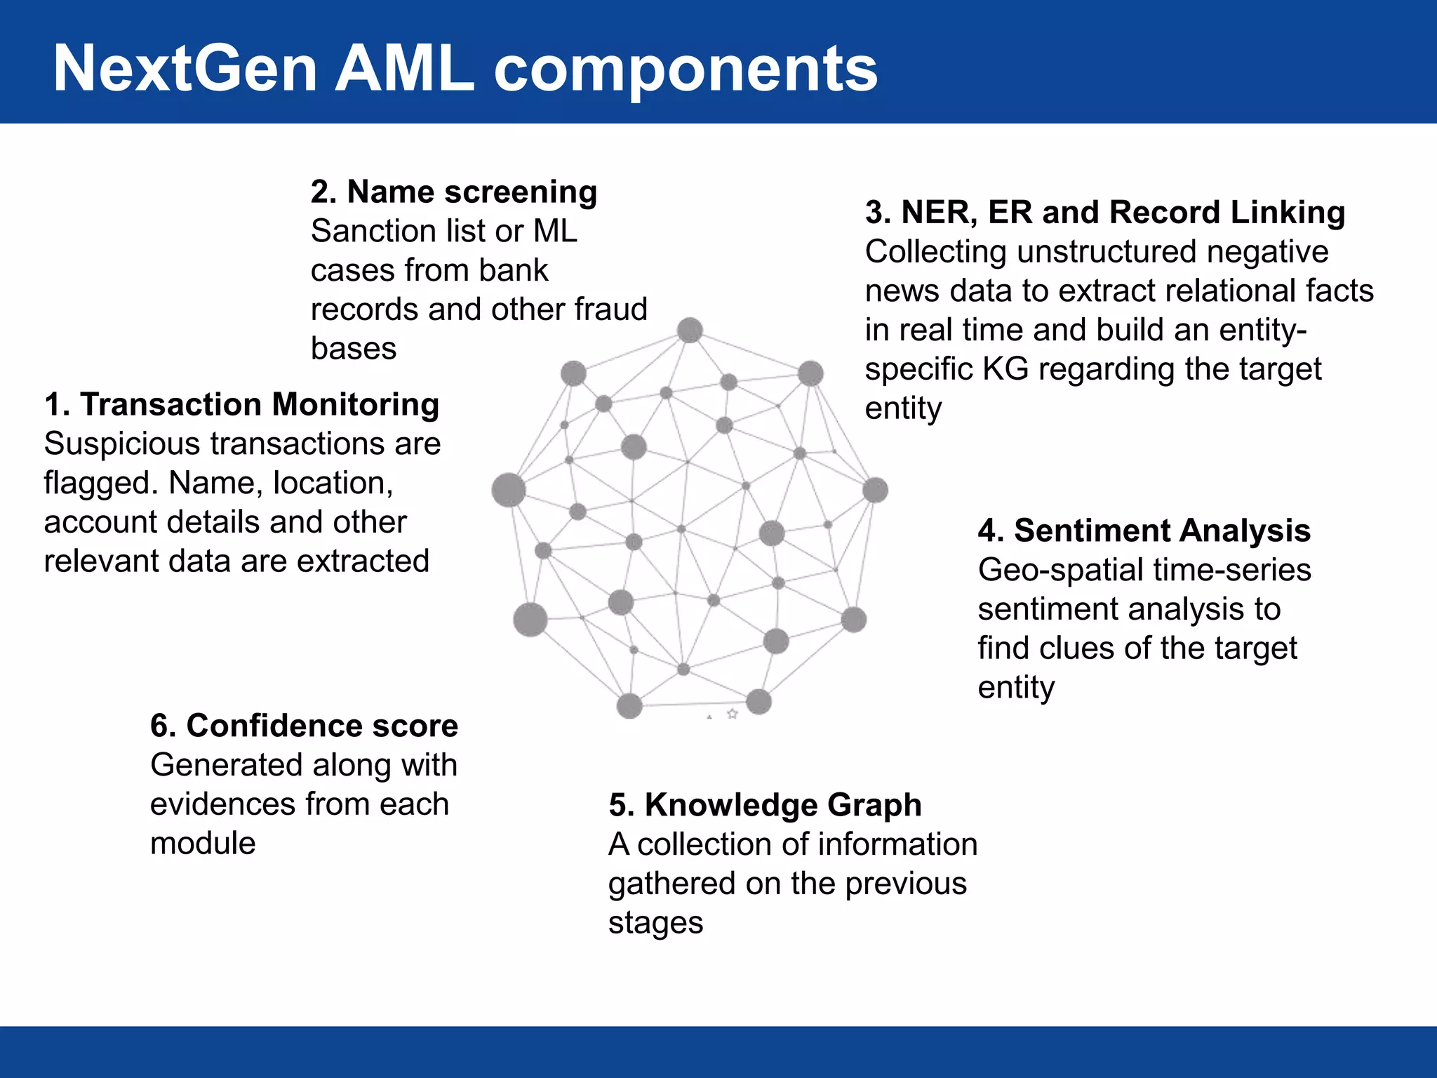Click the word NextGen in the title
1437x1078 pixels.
click(x=185, y=69)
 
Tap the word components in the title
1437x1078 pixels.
click(x=686, y=69)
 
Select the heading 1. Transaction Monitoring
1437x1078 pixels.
click(x=241, y=405)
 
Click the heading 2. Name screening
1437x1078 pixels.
click(x=454, y=192)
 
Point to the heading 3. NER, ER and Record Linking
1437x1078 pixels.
click(x=1105, y=212)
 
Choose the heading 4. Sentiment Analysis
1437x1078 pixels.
click(x=1144, y=531)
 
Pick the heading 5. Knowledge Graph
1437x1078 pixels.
click(x=765, y=805)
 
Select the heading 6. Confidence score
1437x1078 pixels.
click(x=304, y=726)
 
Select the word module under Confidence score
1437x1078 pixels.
click(x=203, y=843)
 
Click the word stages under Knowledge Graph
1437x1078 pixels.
click(x=655, y=923)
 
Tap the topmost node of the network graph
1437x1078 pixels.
click(x=690, y=330)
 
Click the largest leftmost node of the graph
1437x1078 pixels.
click(x=509, y=490)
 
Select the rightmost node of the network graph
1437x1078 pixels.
click(x=875, y=490)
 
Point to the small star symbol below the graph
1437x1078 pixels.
click(x=733, y=714)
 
